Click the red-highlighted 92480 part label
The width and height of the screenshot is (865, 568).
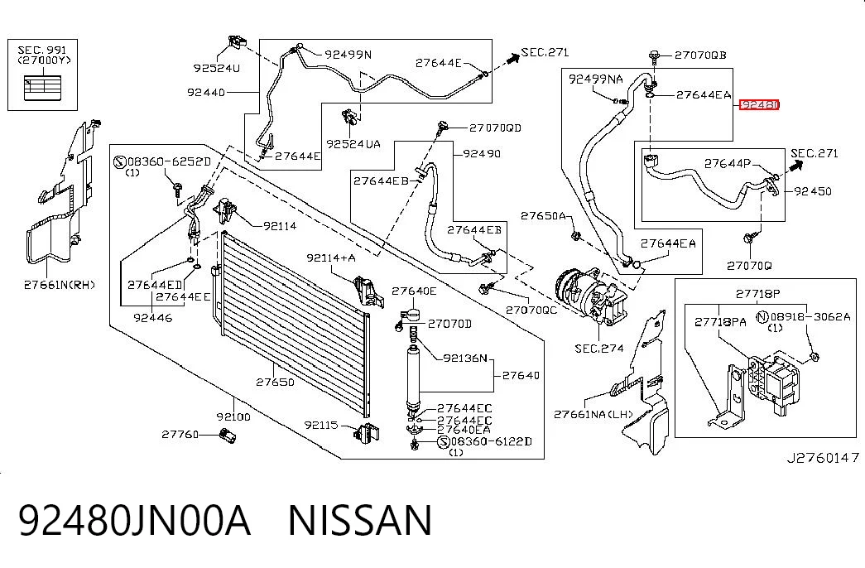coord(759,104)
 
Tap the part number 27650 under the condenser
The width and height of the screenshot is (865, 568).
coord(275,382)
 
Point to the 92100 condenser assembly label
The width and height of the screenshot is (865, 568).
coord(233,416)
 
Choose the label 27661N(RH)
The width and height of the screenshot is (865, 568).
coord(59,285)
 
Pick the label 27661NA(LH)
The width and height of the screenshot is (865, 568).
coord(593,414)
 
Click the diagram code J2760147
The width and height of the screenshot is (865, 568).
coord(823,458)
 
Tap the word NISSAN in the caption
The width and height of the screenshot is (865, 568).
coord(360,520)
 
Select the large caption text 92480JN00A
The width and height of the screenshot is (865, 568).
coord(135,520)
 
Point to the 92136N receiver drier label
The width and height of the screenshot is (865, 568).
coord(465,359)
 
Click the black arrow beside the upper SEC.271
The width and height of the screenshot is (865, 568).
coord(512,57)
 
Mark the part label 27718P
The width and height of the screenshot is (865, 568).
coord(758,294)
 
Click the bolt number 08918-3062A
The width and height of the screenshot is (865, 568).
coord(810,317)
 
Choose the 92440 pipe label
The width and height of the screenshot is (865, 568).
coord(206,92)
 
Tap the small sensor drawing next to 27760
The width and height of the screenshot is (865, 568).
coord(227,435)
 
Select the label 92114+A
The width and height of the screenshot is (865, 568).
coord(331,258)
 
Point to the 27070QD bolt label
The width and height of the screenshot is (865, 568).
coord(495,128)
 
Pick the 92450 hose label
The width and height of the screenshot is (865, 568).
coord(813,191)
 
